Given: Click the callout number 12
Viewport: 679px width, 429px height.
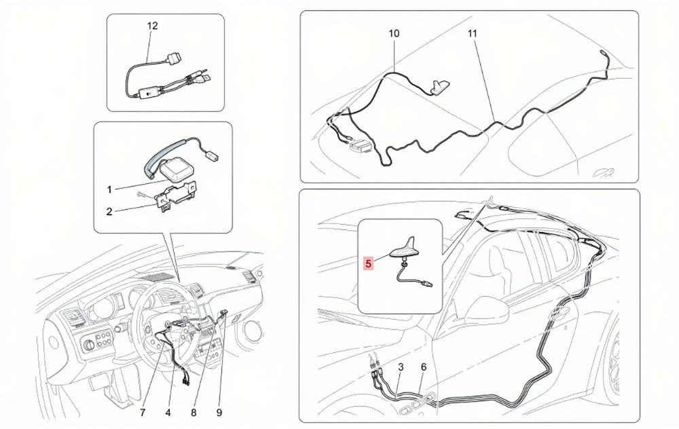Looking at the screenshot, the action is coord(152,26).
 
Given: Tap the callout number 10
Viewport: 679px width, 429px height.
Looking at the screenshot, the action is coord(394,33).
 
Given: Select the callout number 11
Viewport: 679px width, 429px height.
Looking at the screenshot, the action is coord(472,33).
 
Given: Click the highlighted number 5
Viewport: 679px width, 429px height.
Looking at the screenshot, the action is coord(369,263).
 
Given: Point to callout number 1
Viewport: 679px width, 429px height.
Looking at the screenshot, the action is coord(109,189).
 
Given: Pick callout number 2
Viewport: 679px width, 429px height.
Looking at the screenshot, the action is coord(109,212).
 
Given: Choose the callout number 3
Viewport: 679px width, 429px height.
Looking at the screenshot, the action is coord(401,367).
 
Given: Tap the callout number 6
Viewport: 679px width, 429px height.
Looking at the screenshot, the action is coord(424,367).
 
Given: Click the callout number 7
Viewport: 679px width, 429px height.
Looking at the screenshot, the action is coord(143,413).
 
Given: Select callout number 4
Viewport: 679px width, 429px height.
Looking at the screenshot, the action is coord(168,413).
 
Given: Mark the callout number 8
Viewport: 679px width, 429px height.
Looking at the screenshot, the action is coord(194,413).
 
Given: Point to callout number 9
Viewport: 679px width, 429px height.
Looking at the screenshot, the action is coord(219,413).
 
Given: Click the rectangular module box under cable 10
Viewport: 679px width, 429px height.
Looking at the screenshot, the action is coord(361,146).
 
